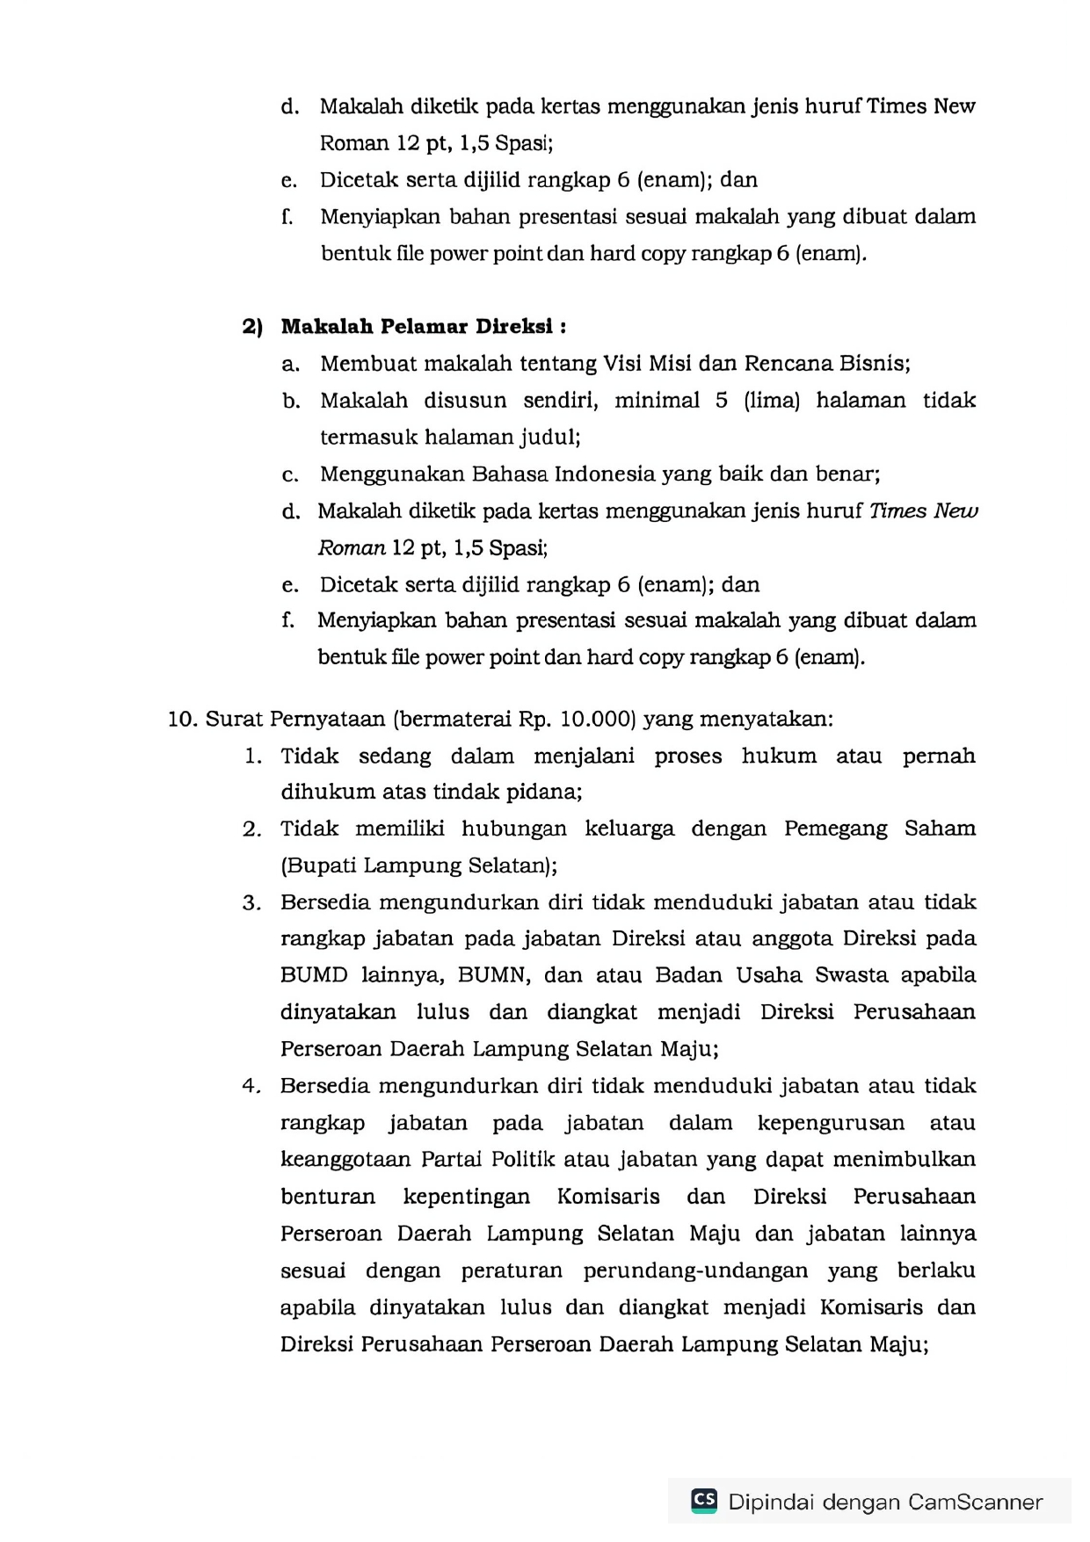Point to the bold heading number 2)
coord(252,327)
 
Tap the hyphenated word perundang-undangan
coord(695,1271)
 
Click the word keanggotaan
coord(345,1160)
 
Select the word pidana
coord(552,793)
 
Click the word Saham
coord(940,829)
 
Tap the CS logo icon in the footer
coord(704,1501)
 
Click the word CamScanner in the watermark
coord(975,1502)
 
